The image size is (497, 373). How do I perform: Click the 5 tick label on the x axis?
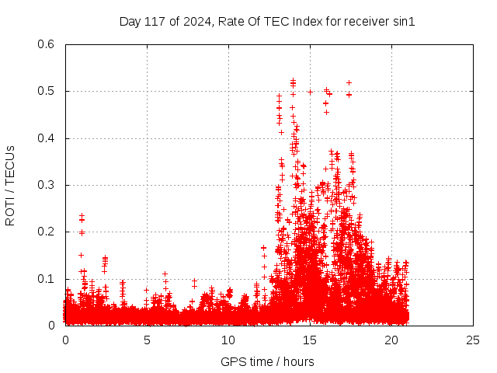tap(147, 340)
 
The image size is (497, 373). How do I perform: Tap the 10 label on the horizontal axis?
tap(228, 340)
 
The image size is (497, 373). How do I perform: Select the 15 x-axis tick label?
tap(310, 340)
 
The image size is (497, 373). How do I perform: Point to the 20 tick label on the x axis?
tap(391, 340)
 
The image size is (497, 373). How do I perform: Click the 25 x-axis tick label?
tap(473, 340)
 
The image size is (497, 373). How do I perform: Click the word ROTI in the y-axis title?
tap(10, 211)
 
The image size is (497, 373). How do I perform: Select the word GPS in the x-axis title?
tap(232, 361)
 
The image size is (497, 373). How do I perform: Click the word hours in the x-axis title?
tap(298, 361)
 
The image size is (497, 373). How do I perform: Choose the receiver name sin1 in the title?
tap(403, 21)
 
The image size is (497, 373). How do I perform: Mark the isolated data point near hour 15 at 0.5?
tap(310, 92)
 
